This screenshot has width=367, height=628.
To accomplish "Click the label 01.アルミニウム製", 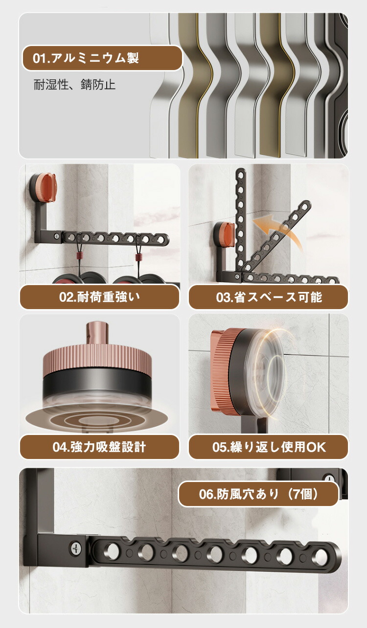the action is [x=86, y=58].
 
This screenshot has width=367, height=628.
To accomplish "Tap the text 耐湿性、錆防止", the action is [x=74, y=84].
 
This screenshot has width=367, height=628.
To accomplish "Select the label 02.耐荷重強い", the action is [x=99, y=297].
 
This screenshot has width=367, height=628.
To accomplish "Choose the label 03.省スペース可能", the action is [x=269, y=297].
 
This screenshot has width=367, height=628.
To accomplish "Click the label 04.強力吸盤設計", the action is [x=99, y=447].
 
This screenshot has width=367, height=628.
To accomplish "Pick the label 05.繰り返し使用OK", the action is [x=269, y=447].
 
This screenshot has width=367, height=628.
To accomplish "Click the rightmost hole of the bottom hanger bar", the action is [x=321, y=556].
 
